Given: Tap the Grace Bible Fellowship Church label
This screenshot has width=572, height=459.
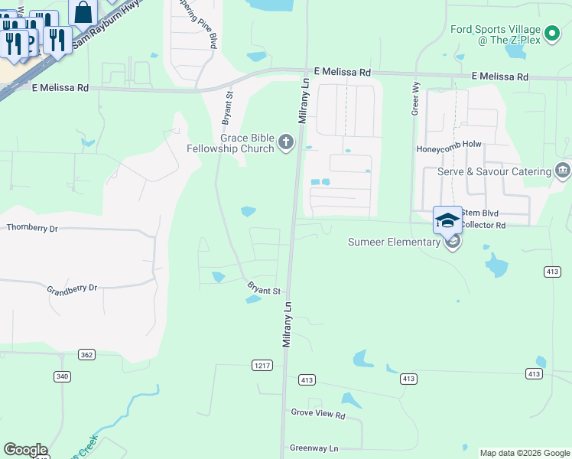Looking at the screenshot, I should tap(231, 143).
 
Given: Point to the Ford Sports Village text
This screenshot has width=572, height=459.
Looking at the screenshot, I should tap(496, 34).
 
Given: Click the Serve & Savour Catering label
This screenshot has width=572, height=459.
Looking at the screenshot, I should tap(494, 171).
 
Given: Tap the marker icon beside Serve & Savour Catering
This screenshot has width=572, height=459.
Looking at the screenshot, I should tap(564, 170).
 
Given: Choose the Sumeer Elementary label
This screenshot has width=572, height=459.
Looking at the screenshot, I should tap(394, 243).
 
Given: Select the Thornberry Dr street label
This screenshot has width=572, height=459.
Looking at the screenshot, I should tap(32, 228).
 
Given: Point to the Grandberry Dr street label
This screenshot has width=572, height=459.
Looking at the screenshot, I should tap(72, 288).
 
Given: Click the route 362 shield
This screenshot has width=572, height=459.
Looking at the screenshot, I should tap(86, 354).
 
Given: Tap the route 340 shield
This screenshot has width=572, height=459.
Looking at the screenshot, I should tap(62, 376).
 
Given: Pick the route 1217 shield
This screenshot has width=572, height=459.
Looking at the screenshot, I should tap(262, 366).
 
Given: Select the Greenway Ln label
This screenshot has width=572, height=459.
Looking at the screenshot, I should tap(314, 448).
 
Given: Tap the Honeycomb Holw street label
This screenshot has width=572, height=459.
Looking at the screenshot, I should tap(449, 148).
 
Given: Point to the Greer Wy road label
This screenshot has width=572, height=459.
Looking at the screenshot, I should tap(416, 99).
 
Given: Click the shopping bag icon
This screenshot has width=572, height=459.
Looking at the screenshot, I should tap(83, 13).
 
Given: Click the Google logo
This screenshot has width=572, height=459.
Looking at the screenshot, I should tap(25, 450).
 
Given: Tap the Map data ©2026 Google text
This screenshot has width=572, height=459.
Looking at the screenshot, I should tap(524, 453).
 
